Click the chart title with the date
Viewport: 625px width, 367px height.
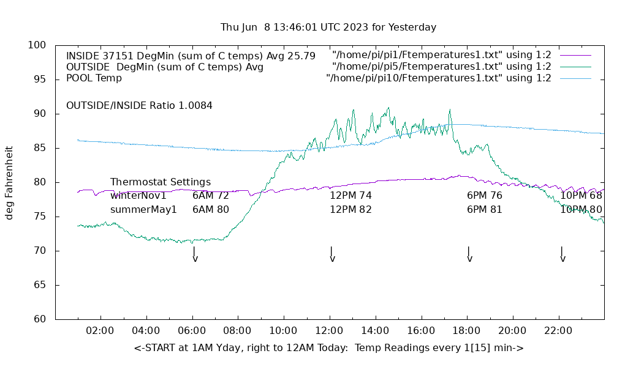pyautogui.click(x=328, y=28)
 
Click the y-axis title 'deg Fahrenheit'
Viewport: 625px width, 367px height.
pyautogui.click(x=9, y=182)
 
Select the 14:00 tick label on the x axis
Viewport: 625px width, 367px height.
pyautogui.click(x=374, y=331)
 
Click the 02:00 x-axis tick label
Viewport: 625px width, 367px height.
pyautogui.click(x=100, y=331)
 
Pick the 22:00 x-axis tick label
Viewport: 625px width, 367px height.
pyautogui.click(x=558, y=331)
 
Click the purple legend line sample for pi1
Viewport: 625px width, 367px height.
pyautogui.click(x=575, y=56)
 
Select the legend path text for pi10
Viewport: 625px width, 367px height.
pyautogui.click(x=439, y=78)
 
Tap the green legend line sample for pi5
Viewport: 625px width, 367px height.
pyautogui.click(x=575, y=67)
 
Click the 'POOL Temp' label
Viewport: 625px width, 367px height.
pyautogui.click(x=94, y=78)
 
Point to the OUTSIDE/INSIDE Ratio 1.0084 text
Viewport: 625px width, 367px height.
pyautogui.click(x=139, y=106)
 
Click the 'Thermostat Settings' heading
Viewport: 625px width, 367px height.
pyautogui.click(x=161, y=182)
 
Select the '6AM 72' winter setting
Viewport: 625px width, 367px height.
pyautogui.click(x=210, y=196)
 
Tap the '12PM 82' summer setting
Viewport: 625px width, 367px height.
pyautogui.click(x=350, y=210)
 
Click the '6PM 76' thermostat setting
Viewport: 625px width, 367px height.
pyautogui.click(x=484, y=196)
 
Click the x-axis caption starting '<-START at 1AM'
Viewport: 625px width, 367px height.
pyautogui.click(x=328, y=348)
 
